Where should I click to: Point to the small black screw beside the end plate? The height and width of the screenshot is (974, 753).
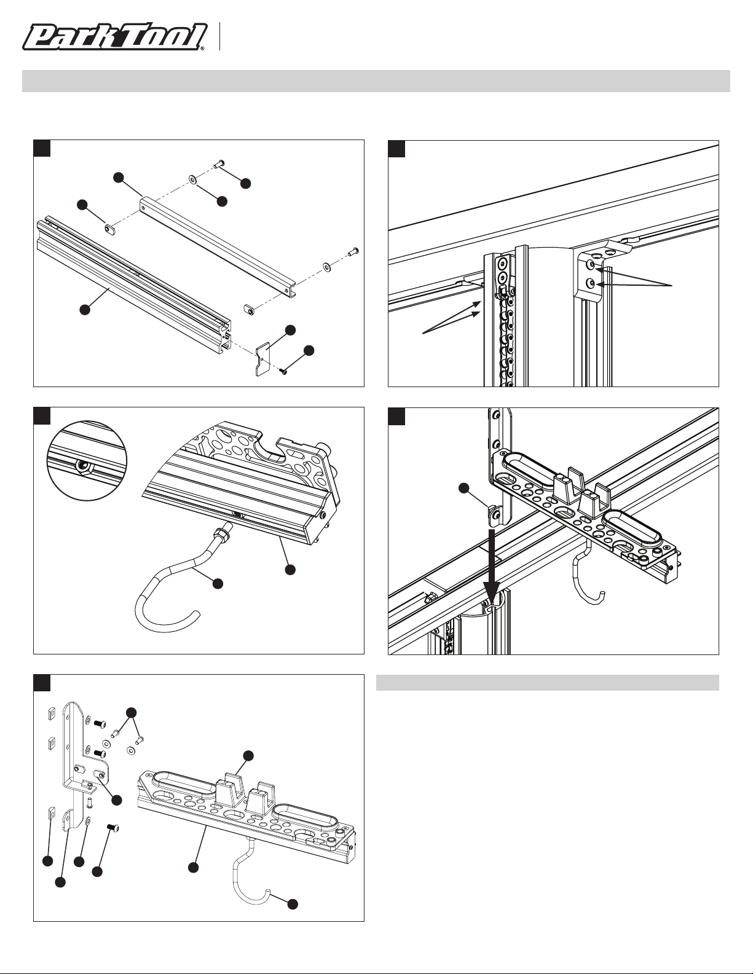pos(284,371)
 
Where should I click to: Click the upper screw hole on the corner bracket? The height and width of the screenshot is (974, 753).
pos(591,264)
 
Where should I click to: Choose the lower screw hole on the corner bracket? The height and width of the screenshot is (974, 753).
pos(591,284)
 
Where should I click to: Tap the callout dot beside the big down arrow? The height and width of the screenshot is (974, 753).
pos(465,488)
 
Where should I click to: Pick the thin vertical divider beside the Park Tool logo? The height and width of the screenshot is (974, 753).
pos(219,37)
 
